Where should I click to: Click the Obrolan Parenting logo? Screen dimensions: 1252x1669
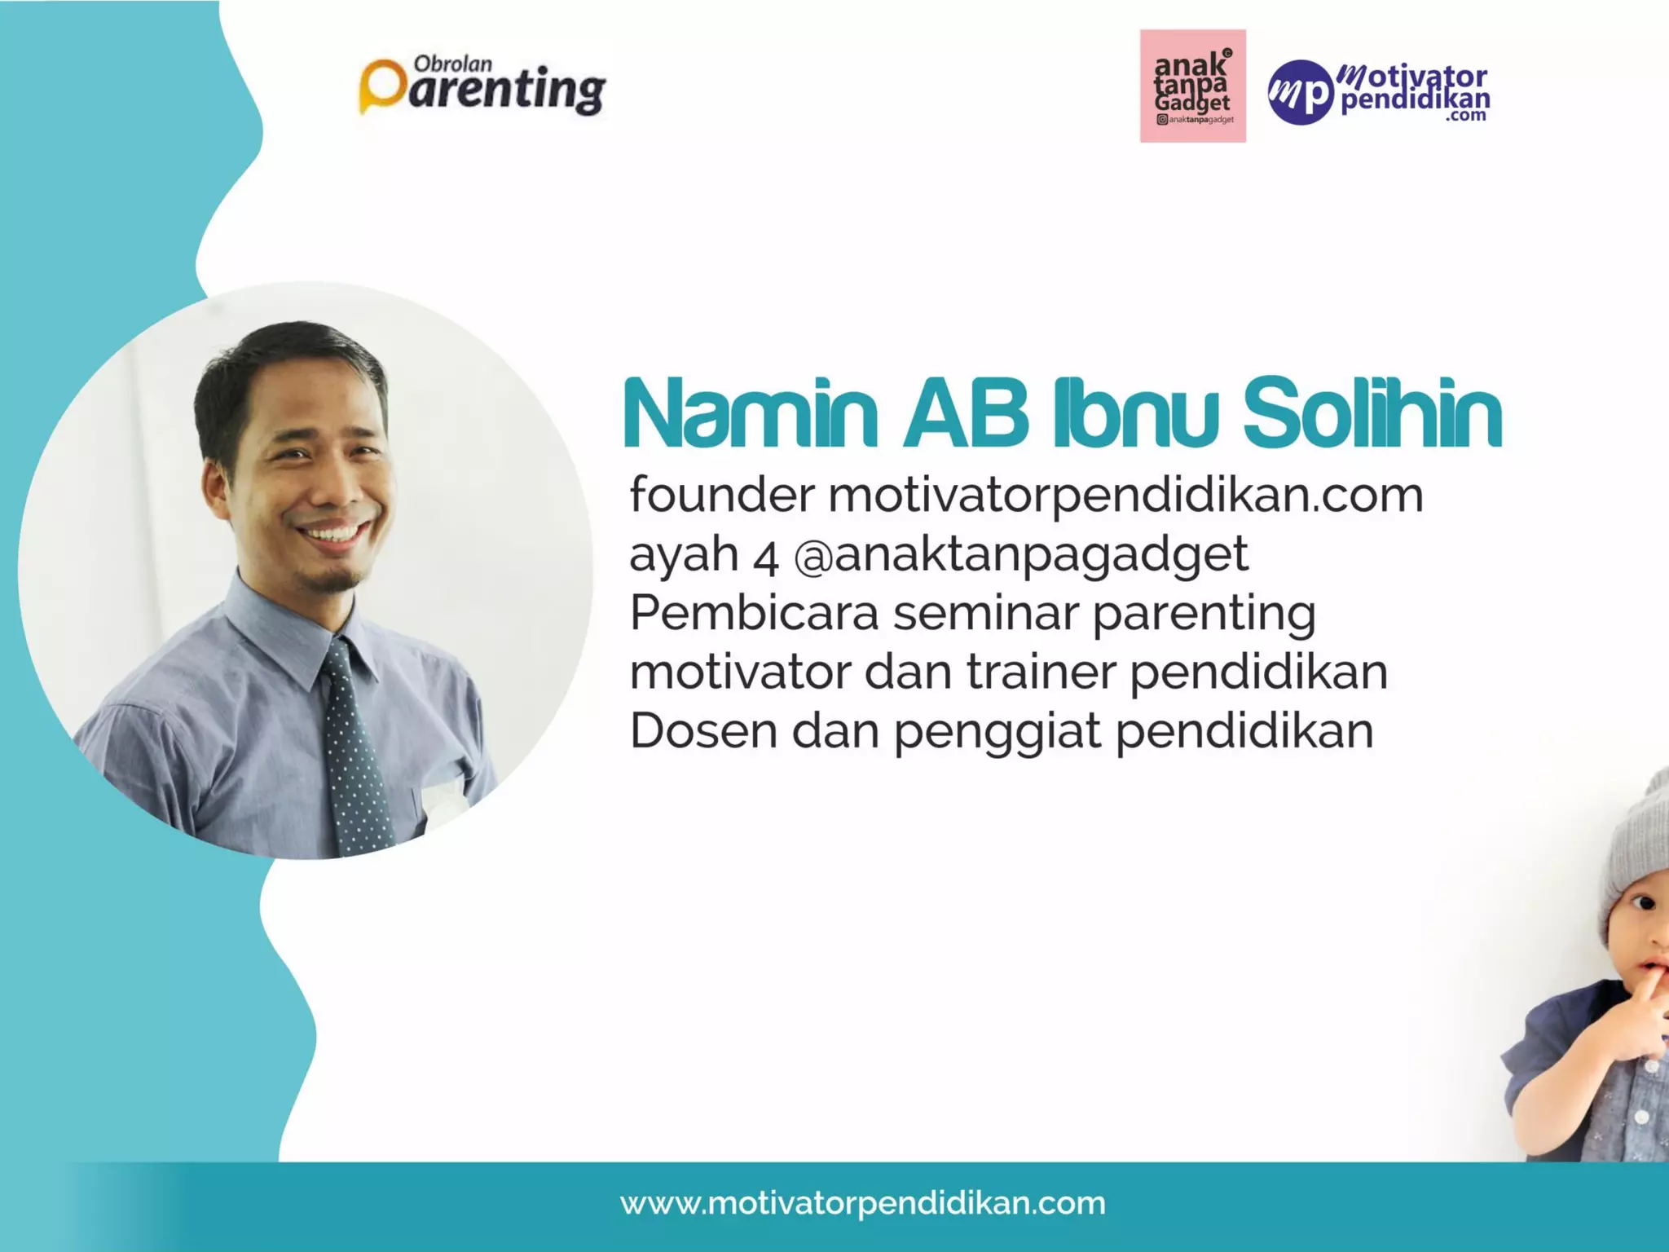(482, 86)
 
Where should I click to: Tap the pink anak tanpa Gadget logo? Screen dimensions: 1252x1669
(1192, 86)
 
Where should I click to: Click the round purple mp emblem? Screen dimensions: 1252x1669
(1300, 92)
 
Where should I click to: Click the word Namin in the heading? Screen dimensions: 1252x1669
(750, 413)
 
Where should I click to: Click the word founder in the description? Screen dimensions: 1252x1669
(721, 495)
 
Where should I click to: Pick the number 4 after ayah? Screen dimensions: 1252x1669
(766, 558)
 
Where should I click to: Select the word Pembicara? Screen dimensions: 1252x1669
(754, 613)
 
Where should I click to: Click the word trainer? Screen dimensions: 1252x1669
(1041, 672)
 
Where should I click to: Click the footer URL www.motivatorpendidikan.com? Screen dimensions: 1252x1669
(862, 1203)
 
